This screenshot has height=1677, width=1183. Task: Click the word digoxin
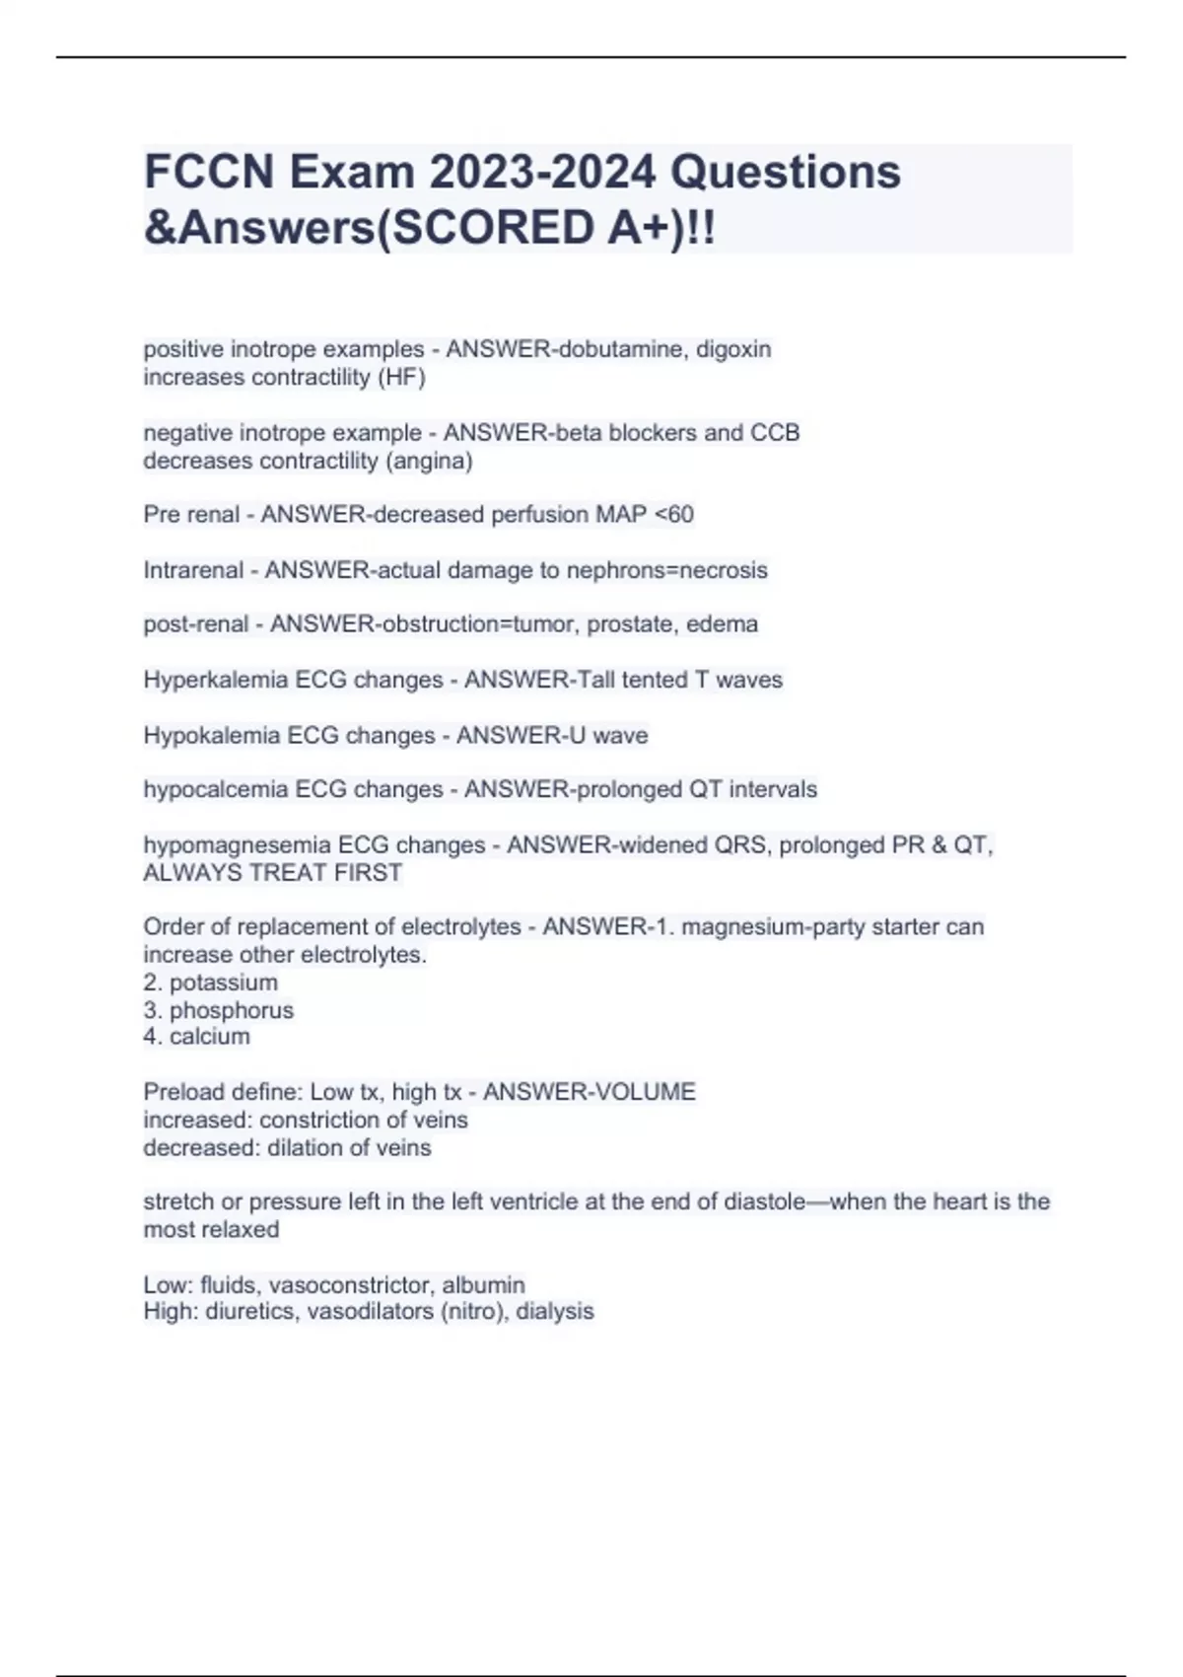click(x=733, y=349)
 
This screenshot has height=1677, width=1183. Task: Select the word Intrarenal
click(x=193, y=570)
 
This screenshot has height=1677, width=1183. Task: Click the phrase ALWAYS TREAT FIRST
click(x=272, y=873)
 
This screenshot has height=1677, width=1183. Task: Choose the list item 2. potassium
click(x=210, y=983)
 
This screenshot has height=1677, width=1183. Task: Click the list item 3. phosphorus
click(x=218, y=1010)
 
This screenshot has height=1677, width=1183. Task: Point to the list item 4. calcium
click(x=196, y=1037)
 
